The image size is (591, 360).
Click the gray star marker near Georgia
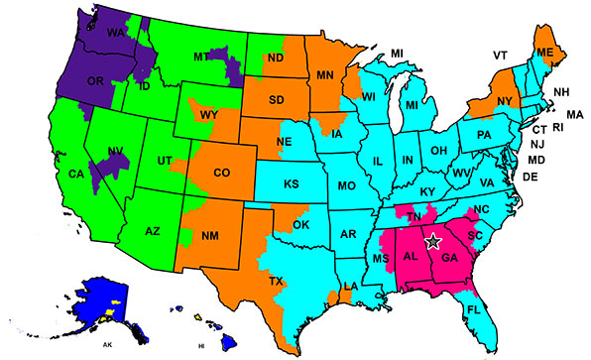coord(432,240)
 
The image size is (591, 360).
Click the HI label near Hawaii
coord(200,346)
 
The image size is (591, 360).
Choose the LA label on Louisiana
coord(350,288)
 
